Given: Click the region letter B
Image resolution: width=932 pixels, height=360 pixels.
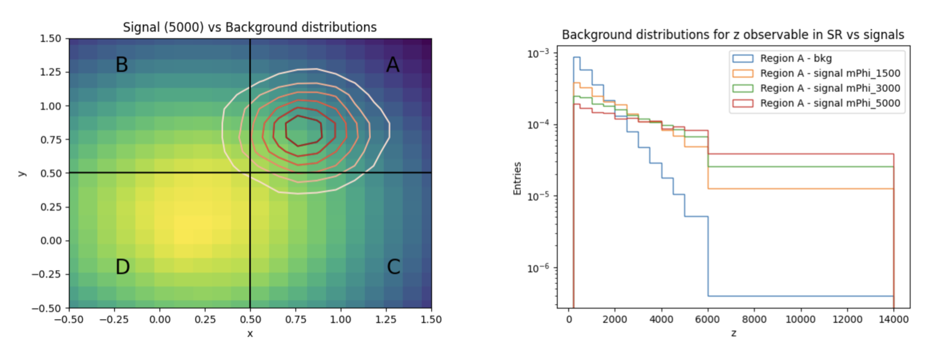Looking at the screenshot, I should point(122,65).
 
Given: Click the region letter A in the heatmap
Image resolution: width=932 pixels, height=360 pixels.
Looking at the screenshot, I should point(393,65).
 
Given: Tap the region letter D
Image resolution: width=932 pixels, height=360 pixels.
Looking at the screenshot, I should point(123,267).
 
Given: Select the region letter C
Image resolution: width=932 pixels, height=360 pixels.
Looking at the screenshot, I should point(393,267).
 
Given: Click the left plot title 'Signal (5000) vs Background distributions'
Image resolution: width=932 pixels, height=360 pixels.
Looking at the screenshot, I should point(249,27).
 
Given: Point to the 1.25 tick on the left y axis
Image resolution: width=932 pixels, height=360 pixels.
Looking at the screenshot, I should point(51,72).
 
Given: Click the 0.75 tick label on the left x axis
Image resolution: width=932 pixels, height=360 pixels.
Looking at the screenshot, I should point(296,320).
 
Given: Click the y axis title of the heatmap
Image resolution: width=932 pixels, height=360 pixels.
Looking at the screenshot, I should point(21,173).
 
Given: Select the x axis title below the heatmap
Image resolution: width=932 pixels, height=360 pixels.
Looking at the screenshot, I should point(250,334).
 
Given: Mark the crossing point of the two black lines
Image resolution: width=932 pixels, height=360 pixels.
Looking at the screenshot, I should point(250,172).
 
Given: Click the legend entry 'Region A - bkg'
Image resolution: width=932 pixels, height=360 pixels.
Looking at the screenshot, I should point(795,59).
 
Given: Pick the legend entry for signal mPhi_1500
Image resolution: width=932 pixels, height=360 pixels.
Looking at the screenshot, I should point(829,74).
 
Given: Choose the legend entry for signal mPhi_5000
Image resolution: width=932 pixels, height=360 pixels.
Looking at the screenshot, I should point(829,103).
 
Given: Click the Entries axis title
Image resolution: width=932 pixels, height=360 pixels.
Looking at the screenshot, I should point(518,178).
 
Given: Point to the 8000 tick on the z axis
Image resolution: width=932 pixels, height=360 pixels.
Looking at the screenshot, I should point(754,320).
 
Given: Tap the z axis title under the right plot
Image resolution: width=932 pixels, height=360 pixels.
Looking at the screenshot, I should point(734,334).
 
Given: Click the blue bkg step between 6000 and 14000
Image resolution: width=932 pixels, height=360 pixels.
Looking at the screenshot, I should point(801,296).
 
